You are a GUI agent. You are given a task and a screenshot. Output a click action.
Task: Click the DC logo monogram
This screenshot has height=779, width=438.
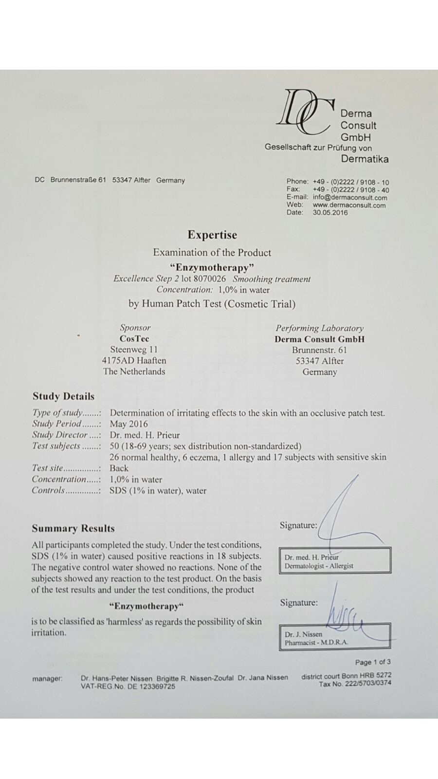[x=305, y=112]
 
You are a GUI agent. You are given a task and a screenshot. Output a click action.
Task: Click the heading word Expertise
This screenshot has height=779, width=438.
[x=212, y=235]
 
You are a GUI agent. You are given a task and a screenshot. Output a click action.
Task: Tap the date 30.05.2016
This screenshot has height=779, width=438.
[x=330, y=213]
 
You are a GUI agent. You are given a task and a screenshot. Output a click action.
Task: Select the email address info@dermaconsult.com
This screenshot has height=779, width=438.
[x=350, y=198]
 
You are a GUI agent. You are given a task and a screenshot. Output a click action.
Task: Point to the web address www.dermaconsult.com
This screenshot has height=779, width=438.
[x=349, y=205]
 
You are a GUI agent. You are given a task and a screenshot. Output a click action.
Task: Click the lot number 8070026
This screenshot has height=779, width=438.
[x=210, y=279]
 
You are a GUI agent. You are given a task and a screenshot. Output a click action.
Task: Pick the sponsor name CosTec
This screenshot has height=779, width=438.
[x=134, y=339]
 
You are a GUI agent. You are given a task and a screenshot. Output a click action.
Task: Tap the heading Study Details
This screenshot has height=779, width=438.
[x=63, y=396]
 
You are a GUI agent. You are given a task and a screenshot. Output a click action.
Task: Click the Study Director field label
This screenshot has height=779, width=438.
[x=60, y=435]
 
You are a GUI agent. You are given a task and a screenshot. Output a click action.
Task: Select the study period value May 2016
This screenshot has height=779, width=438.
[x=128, y=424]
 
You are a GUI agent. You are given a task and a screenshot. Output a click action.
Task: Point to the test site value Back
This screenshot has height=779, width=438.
[x=119, y=468]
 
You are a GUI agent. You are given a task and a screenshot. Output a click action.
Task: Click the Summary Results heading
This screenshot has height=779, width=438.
[x=73, y=529]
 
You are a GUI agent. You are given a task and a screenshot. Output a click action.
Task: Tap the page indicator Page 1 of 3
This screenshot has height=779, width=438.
[x=373, y=662]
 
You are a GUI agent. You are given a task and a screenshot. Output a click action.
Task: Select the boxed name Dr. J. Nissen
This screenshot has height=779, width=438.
[x=303, y=634]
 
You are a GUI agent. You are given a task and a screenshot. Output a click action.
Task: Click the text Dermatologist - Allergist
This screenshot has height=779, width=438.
[x=319, y=566]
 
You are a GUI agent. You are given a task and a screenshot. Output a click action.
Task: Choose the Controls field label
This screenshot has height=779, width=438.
[x=48, y=490]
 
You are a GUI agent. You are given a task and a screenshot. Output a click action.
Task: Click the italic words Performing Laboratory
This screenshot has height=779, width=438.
[x=319, y=328]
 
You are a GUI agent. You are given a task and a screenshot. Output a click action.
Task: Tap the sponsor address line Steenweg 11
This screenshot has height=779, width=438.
[x=134, y=350]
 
